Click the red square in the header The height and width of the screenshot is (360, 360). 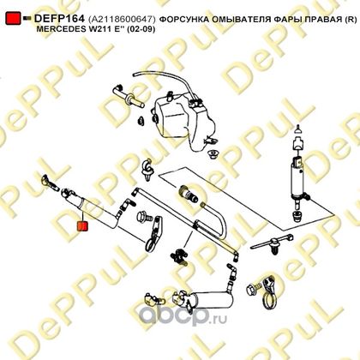pyautogui.click(x=13, y=18)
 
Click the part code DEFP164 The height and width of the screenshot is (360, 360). pyautogui.click(x=59, y=19)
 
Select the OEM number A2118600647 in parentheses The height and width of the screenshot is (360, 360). pyautogui.click(x=122, y=19)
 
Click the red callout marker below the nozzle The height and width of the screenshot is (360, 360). pyautogui.click(x=83, y=225)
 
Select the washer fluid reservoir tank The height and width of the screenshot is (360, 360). pyautogui.click(x=183, y=117)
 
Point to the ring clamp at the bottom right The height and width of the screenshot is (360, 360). pyautogui.click(x=268, y=294)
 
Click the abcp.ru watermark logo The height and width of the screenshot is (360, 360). pyautogui.click(x=183, y=316)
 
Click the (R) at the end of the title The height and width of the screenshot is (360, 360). pyautogui.click(x=351, y=20)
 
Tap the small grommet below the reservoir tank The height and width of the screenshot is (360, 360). pyautogui.click(x=213, y=154)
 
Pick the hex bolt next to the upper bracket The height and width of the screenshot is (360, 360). pyautogui.click(x=144, y=217)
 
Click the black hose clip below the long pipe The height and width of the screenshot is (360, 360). pyautogui.click(x=178, y=255)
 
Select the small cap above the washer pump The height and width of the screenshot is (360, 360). pyautogui.click(x=298, y=129)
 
